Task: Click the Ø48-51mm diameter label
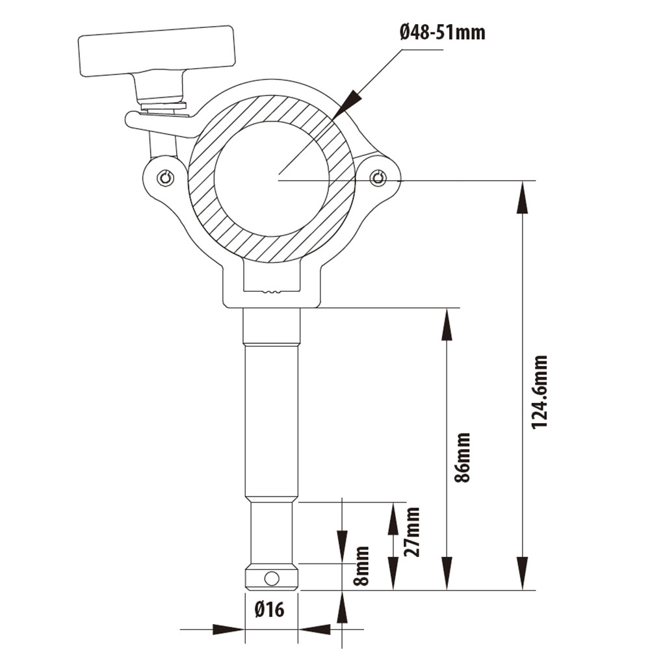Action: point(443,32)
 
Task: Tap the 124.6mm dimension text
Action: point(539,392)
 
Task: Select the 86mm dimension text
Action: point(463,457)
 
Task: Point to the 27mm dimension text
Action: point(411,532)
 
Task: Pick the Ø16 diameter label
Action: point(270,610)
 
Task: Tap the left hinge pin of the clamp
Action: point(166,178)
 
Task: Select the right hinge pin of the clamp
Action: point(378,178)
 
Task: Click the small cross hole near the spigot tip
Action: point(272,578)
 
